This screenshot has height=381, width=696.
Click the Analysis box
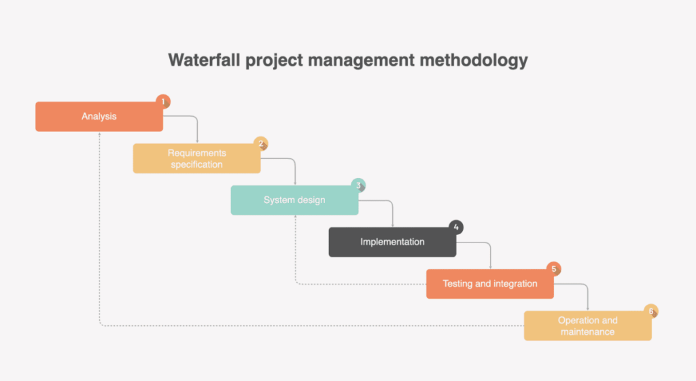tap(99, 116)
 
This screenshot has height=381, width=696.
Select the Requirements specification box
tap(196, 158)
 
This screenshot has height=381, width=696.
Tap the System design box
tap(294, 200)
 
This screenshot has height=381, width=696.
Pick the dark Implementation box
tap(392, 242)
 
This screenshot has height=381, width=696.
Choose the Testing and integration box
tap(490, 284)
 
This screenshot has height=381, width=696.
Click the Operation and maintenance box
tap(588, 325)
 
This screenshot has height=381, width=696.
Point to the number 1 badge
tap(163, 102)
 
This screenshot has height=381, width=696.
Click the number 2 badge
tap(261, 144)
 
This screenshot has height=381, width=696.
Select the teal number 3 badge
tap(358, 185)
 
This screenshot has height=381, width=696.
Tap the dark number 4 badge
tap(456, 227)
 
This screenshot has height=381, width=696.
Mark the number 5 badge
tap(553, 269)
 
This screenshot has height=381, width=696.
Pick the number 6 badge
tap(651, 311)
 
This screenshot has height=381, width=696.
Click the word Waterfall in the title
tap(204, 60)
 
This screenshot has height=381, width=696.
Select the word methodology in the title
tap(474, 60)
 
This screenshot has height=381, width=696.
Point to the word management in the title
tap(362, 60)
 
